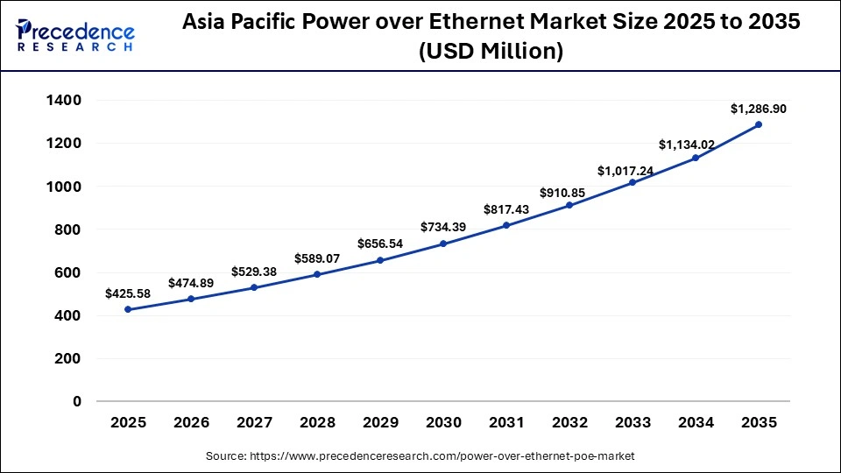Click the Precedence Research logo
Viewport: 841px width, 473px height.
(x=75, y=35)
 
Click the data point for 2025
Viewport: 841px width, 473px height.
(x=128, y=309)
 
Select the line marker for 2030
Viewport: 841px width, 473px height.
(x=443, y=244)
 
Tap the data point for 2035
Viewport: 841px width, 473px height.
(x=759, y=124)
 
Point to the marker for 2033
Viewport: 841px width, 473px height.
(x=633, y=182)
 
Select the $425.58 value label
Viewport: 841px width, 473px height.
(x=128, y=293)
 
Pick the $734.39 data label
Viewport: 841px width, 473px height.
(x=443, y=227)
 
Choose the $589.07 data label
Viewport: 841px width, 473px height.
(x=317, y=258)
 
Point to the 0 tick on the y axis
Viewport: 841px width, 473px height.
(x=76, y=402)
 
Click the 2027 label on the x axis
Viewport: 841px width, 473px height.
(x=254, y=423)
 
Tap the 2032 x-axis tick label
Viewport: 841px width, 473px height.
(x=569, y=423)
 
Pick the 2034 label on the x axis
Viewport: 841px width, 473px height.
(x=696, y=423)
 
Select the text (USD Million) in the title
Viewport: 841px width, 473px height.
(x=490, y=52)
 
